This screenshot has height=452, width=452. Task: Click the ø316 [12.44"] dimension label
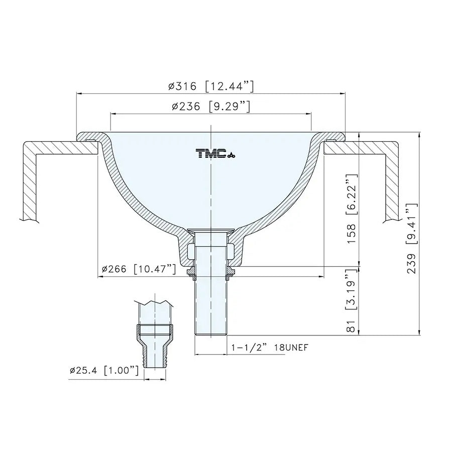211,86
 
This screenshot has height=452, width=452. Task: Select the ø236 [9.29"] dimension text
210,106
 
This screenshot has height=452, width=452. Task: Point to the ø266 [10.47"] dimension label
139,269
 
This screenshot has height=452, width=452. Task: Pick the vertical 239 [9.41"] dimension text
412,238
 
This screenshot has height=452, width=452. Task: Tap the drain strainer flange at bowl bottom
211,231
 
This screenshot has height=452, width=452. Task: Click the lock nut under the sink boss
211,272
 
